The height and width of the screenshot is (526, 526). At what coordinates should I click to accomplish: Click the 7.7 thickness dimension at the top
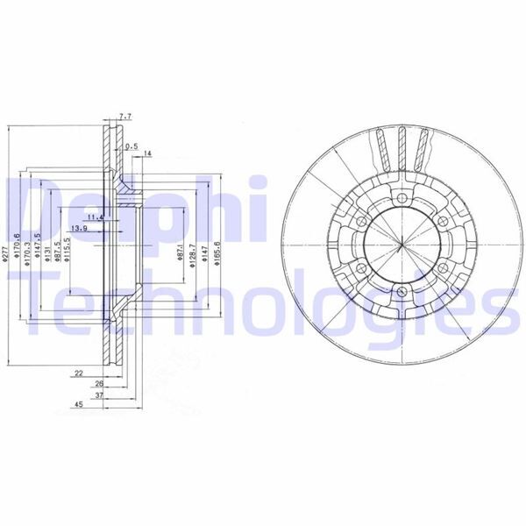124,115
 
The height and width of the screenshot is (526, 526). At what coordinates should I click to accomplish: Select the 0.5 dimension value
131,146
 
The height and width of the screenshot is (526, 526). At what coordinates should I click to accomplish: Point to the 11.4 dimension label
97,217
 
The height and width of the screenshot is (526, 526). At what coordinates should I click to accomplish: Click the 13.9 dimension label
79,229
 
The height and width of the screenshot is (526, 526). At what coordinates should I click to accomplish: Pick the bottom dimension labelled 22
78,373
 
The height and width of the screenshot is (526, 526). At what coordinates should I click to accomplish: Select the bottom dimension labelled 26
99,383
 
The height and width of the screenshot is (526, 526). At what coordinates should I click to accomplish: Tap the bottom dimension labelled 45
78,405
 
